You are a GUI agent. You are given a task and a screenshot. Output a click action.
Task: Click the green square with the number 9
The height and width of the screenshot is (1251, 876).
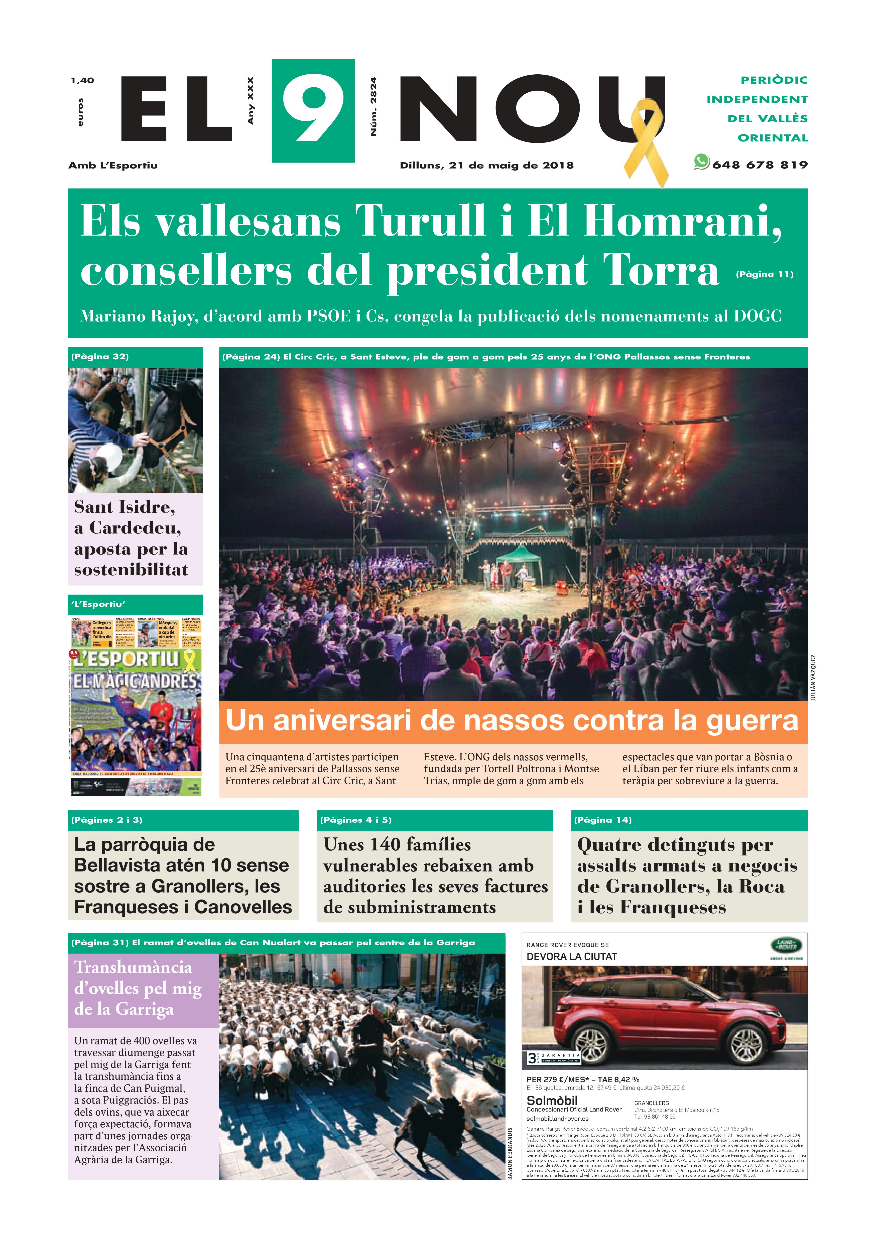tap(313, 111)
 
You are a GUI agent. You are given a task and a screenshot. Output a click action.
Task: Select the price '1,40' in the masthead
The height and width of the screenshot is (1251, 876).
tap(82, 81)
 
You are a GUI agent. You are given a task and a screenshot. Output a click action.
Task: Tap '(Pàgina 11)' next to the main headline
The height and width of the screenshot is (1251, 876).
tap(764, 274)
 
